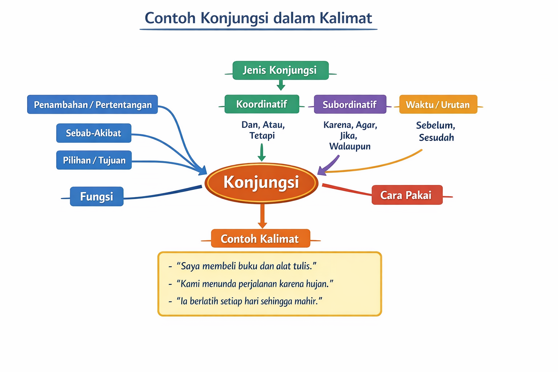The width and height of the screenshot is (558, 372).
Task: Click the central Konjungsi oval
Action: [261, 183]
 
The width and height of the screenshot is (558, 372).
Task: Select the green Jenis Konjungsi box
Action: [280, 70]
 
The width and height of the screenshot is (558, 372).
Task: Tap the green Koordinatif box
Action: [262, 104]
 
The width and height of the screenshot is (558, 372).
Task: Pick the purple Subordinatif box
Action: [350, 105]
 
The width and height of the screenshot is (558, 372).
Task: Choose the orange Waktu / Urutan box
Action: [438, 105]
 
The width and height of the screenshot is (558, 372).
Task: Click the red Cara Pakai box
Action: [407, 195]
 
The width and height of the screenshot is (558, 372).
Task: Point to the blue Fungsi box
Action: [97, 197]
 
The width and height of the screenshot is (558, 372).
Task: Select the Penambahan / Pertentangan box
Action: [93, 105]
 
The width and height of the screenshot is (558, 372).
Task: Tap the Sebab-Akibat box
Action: [94, 133]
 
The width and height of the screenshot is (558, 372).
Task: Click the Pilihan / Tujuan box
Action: [94, 160]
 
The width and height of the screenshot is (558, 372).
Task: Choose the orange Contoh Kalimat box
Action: [260, 239]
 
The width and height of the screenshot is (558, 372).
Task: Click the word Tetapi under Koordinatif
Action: [262, 136]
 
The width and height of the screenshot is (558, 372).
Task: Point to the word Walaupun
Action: [350, 146]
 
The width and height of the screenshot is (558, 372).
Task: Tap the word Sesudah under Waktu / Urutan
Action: [436, 138]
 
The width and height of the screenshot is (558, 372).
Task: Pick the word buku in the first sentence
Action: [248, 266]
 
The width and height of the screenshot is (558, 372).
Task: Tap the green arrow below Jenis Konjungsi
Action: [280, 85]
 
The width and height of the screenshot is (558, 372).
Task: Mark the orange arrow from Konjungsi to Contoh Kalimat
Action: [262, 216]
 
